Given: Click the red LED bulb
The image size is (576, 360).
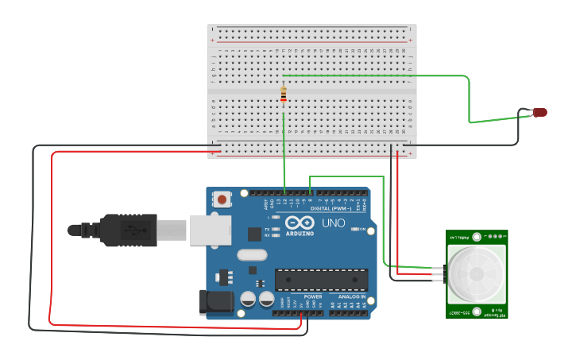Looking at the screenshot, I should pyautogui.click(x=540, y=112).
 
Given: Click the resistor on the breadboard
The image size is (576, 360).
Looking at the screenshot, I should pyautogui.click(x=284, y=95).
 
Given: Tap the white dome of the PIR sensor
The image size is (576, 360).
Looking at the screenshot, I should pyautogui.click(x=477, y=273).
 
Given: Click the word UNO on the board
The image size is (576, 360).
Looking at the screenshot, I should pyautogui.click(x=334, y=223).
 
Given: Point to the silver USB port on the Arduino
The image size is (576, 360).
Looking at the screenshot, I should pyautogui.click(x=210, y=229).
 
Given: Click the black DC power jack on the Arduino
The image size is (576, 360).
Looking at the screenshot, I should pyautogui.click(x=218, y=301).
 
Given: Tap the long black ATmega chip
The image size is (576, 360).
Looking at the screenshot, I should pyautogui.click(x=321, y=279).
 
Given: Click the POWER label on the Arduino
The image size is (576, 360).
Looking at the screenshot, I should pyautogui.click(x=313, y=296).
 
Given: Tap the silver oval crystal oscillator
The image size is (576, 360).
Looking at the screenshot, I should pyautogui.click(x=252, y=255).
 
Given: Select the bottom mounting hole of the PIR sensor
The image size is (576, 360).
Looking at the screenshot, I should pyautogui.click(x=477, y=311).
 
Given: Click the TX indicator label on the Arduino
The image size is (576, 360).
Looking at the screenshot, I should pyautogui.click(x=268, y=229).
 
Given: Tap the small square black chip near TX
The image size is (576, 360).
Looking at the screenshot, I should pyautogui.click(x=254, y=234).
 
